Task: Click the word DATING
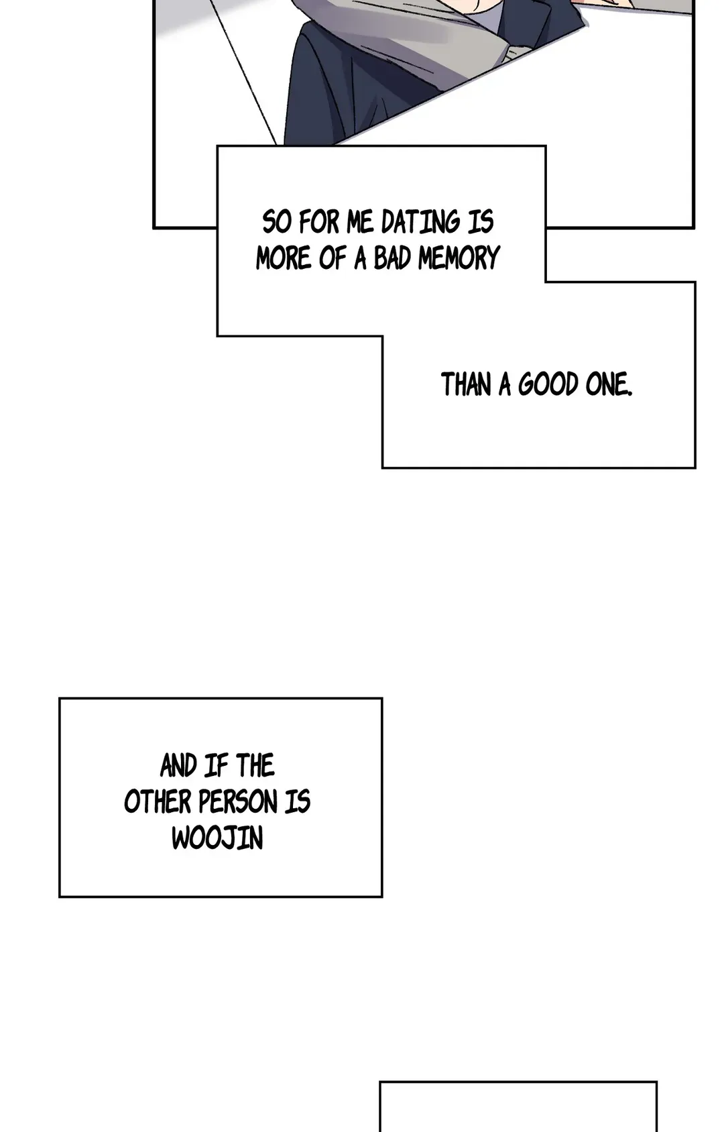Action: click(420, 223)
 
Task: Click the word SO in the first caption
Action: click(276, 223)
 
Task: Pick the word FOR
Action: click(319, 223)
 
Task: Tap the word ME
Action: click(360, 223)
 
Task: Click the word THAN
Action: click(466, 385)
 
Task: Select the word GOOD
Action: click(548, 385)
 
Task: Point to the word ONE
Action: click(608, 385)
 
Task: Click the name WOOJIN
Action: click(217, 838)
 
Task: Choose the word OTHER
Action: click(158, 802)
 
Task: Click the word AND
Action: click(178, 766)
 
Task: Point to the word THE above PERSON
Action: click(255, 766)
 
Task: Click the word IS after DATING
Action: click(481, 223)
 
